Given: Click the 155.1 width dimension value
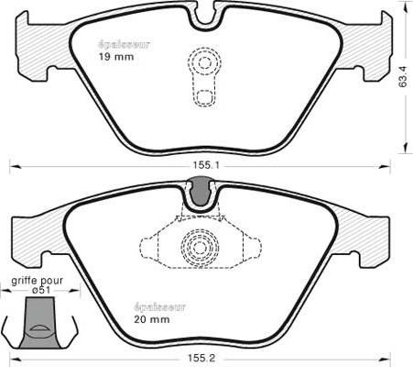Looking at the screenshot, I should [205, 165].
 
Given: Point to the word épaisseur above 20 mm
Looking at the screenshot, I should [161, 306].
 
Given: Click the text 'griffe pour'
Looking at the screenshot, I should [36, 277].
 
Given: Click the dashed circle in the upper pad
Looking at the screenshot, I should [206, 62].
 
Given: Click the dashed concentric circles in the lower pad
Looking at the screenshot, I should [199, 245].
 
